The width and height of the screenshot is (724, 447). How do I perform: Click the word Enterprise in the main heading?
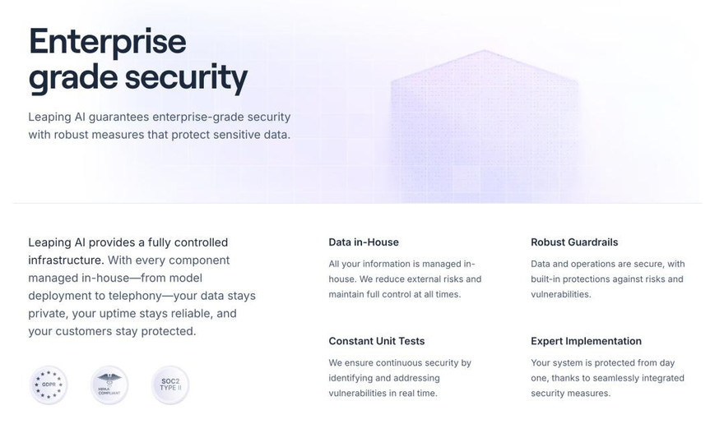(108, 43)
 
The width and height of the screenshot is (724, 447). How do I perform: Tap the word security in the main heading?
(187, 78)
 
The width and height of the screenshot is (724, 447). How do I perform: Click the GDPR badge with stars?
(49, 385)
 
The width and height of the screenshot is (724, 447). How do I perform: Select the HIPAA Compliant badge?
(109, 385)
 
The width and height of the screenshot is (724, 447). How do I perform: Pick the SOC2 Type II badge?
(170, 385)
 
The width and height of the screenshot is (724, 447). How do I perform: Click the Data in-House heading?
(364, 242)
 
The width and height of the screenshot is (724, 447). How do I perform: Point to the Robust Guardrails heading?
(574, 242)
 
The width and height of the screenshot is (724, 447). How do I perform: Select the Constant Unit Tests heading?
(377, 341)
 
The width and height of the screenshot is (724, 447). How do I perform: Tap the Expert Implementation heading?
(586, 341)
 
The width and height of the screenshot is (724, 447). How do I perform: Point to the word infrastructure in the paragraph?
(65, 260)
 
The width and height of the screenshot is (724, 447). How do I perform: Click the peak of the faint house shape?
(485, 50)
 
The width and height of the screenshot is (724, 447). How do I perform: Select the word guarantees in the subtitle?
(118, 118)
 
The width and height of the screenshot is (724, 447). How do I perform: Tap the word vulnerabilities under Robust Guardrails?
(560, 294)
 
